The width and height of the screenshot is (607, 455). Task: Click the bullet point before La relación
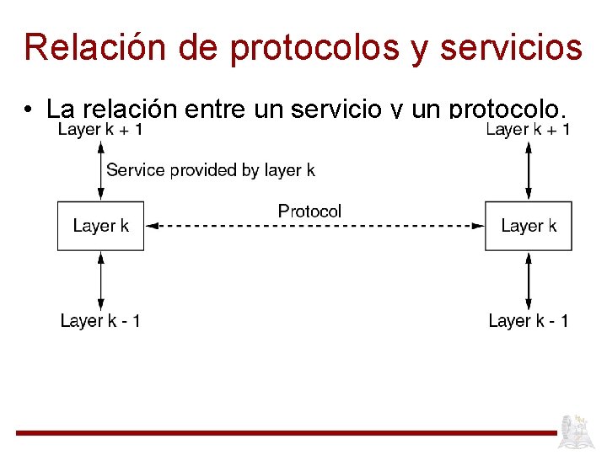pos(29,110)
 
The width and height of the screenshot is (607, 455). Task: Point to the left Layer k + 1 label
pos(100,129)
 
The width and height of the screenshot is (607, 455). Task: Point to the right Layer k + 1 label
pos(528,129)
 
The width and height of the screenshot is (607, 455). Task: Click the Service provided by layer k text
pos(210,170)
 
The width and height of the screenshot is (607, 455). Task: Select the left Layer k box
pos(100,226)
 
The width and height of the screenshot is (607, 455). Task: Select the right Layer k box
pos(528,226)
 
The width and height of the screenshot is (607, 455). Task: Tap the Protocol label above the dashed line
pos(309,211)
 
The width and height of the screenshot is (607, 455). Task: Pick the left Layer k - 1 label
pos(100,321)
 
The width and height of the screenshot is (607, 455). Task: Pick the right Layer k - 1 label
pos(528,321)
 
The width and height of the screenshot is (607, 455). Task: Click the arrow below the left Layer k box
pos(100,281)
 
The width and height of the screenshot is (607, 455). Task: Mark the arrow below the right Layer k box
pos(528,281)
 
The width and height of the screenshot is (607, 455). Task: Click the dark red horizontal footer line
pos(287,433)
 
